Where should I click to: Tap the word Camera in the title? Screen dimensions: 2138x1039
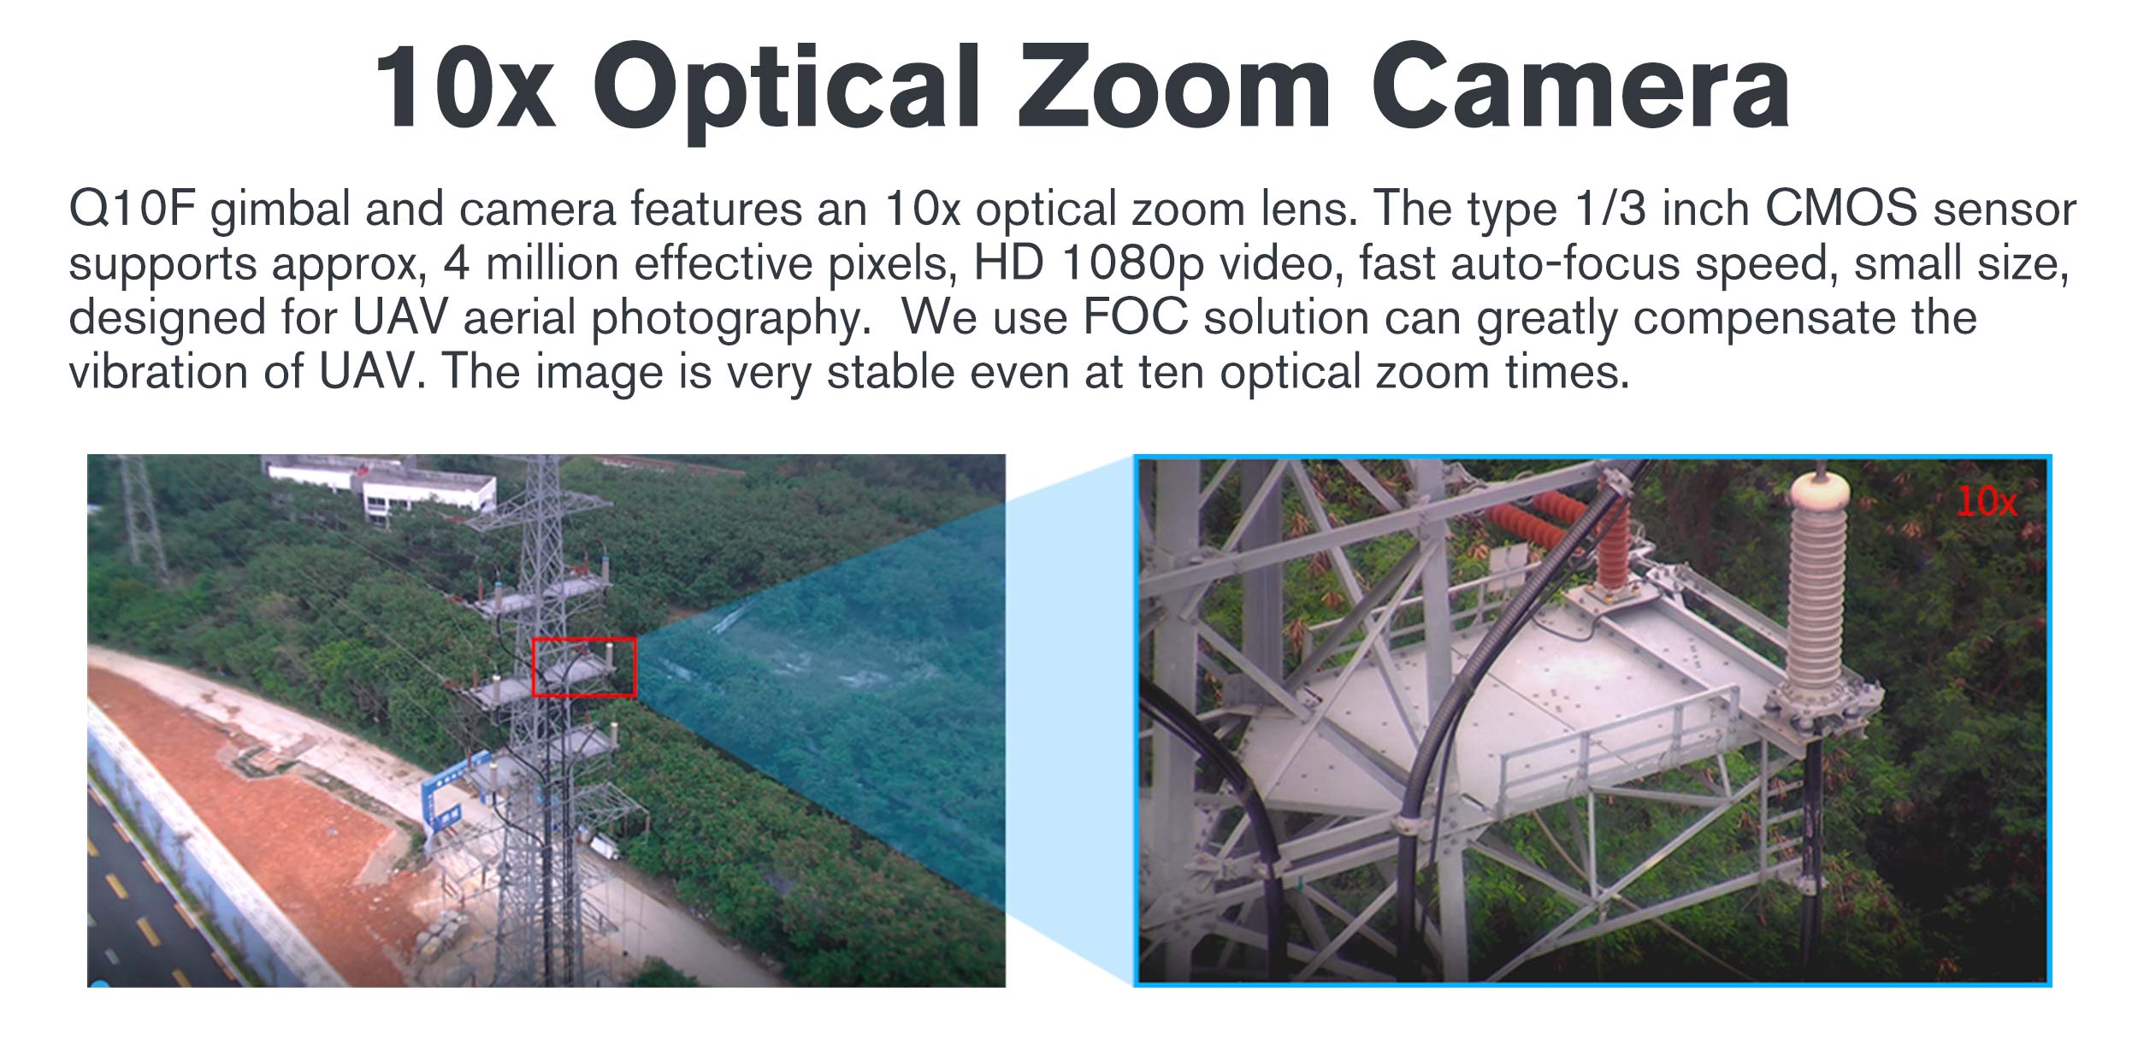click(1581, 86)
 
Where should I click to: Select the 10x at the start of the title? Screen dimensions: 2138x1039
click(465, 86)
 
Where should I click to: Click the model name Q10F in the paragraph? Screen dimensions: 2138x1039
click(133, 209)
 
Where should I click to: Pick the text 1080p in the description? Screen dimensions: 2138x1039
click(1132, 263)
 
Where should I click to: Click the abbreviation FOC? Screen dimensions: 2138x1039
click(1135, 317)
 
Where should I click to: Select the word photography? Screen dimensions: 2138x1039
click(730, 319)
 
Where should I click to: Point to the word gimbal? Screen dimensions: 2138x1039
click(281, 210)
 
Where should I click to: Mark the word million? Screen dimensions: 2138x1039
click(552, 263)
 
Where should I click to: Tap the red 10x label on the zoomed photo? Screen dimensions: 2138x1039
click(1986, 502)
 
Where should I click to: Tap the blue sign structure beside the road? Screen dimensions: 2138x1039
click(453, 791)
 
